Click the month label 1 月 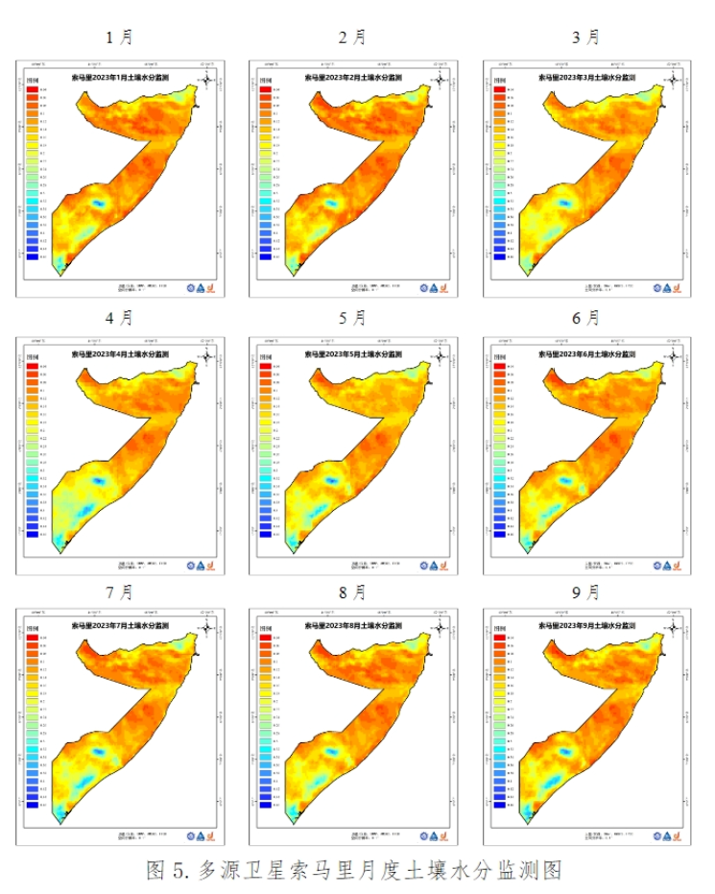[120, 37]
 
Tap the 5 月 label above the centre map [353, 316]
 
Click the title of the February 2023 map [355, 76]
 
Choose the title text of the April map [122, 353]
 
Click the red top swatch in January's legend [32, 89]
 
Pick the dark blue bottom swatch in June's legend [499, 533]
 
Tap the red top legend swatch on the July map [32, 638]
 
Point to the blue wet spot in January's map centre [97, 203]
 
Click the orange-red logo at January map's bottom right [213, 287]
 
